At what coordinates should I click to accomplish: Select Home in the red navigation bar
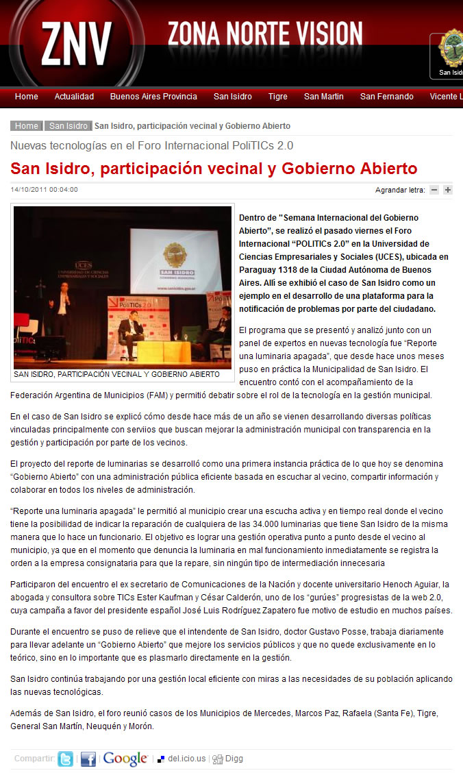coord(27,97)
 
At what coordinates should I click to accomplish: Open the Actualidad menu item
coord(74,97)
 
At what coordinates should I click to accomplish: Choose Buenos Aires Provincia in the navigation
coord(153,97)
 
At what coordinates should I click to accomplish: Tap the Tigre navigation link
coord(278,97)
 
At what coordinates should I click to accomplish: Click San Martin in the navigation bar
coord(324,97)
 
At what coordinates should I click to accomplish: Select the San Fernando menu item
coord(387,97)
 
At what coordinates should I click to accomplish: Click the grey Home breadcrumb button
coord(27,126)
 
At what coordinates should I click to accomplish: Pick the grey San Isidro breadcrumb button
coord(68,126)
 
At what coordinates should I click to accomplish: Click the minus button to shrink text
coord(434,190)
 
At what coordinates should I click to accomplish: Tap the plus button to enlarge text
coord(448,190)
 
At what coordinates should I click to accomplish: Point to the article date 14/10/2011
coord(45,190)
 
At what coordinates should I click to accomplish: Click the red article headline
coord(214,169)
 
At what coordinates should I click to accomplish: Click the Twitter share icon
coord(65,759)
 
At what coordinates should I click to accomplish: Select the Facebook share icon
coord(88,759)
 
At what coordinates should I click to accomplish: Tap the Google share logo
coord(125,759)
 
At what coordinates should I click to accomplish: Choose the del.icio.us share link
coord(182,759)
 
